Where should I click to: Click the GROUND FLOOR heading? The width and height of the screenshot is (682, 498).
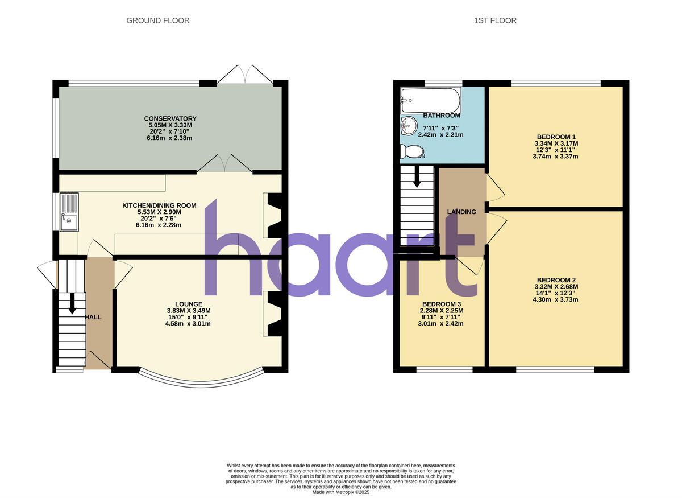[157, 20]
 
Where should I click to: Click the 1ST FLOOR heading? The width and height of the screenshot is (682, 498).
[495, 20]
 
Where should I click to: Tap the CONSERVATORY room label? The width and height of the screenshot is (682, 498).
[170, 118]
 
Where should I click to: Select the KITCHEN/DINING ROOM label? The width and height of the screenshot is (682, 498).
[159, 205]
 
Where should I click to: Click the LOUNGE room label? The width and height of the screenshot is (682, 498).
[189, 304]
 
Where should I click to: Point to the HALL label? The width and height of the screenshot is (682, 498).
[93, 317]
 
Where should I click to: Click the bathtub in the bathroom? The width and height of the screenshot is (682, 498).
[430, 101]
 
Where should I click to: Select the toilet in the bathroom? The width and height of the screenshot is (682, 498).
[413, 151]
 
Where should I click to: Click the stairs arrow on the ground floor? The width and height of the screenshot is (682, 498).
[72, 303]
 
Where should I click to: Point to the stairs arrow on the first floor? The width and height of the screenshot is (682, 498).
[417, 177]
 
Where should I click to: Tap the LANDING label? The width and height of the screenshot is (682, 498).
[461, 212]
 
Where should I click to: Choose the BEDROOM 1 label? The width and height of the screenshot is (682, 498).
[556, 137]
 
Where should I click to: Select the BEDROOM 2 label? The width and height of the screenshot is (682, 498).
[556, 280]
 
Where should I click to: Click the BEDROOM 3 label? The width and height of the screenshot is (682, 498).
[442, 304]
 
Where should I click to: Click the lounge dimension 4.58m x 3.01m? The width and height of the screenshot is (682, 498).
[188, 324]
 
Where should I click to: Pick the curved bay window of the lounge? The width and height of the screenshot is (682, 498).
[202, 381]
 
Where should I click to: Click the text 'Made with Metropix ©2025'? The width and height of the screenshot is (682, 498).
[341, 492]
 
